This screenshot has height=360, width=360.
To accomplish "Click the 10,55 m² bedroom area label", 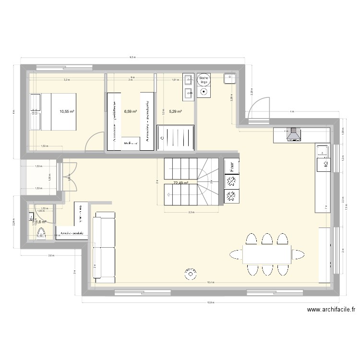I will coord(67,112).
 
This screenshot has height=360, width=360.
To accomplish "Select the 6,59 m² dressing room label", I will coord(131,112).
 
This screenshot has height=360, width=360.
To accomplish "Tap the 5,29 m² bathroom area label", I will coord(175,112).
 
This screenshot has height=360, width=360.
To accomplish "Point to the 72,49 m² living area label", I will coord(180,183).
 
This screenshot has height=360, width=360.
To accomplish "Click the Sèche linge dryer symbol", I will coord(204,85).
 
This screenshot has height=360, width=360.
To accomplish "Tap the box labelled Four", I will coord(231,166).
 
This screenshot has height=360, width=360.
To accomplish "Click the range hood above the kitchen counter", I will coord(293,135).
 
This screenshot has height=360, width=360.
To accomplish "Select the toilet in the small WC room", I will coord(42,234).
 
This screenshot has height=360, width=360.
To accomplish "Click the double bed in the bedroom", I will coord(53,111).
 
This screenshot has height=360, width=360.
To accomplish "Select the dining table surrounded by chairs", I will coord(267,254).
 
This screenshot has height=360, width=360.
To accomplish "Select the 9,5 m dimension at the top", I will coord(132,58).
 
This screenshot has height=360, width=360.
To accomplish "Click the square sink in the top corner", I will coord(229,79).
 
